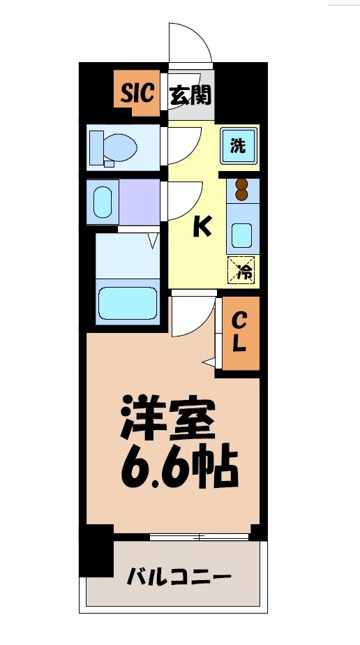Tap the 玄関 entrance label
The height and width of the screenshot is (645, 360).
tap(190, 94)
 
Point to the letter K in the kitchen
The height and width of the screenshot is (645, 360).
tap(202, 226)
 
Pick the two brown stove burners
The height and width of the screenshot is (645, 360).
tap(242, 190)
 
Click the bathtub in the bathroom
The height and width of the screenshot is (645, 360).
tap(126, 302)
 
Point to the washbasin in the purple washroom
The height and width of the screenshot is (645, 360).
tap(102, 202)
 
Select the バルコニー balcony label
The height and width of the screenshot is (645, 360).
tap(179, 577)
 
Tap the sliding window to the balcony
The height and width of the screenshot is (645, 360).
tap(200, 537)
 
